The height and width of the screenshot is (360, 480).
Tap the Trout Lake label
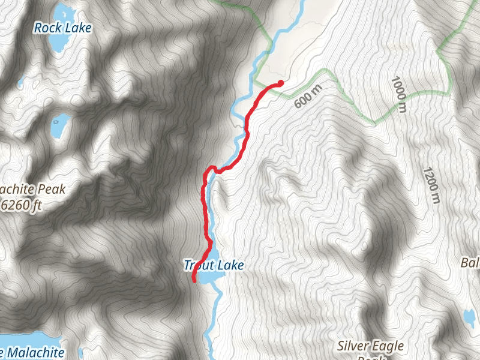215,265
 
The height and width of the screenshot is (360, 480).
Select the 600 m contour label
308,95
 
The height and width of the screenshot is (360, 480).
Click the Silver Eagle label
370,346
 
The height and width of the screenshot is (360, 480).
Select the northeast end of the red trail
281,83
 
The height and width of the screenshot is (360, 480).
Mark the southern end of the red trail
194,280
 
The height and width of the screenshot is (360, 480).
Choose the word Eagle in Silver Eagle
387,346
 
